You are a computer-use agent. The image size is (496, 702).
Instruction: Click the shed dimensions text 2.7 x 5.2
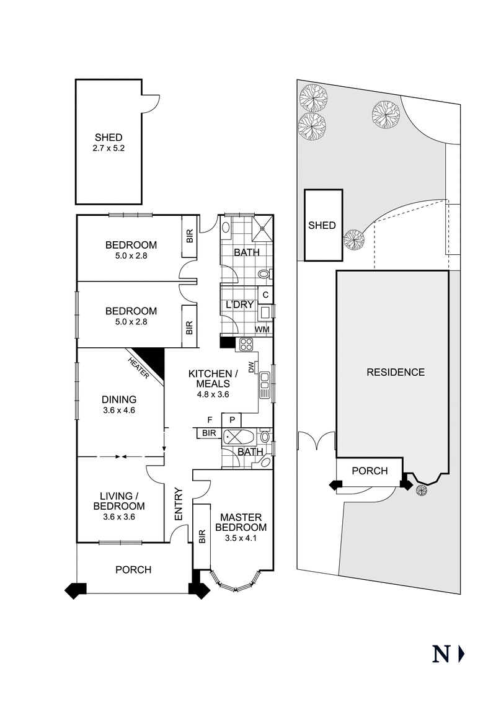click(108, 149)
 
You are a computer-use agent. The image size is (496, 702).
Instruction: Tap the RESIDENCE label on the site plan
click(396, 372)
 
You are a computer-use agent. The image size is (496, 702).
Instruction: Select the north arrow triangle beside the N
click(461, 654)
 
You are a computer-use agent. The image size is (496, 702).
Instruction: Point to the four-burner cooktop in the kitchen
click(244, 346)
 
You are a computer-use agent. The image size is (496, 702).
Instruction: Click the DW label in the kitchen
click(251, 368)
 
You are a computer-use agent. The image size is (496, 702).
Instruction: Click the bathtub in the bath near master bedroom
click(237, 436)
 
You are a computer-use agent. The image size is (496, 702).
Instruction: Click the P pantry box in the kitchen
click(231, 420)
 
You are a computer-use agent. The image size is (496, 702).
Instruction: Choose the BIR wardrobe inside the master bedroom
click(201, 536)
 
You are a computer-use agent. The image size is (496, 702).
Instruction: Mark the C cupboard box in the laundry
click(265, 295)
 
